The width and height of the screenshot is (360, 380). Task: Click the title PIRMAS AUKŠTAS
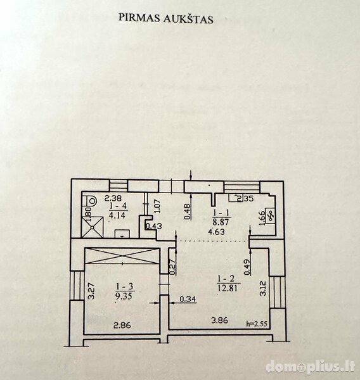click(x=166, y=18)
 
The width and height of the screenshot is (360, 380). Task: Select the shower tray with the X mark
click(x=93, y=227)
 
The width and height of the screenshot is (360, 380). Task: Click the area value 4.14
click(x=117, y=215)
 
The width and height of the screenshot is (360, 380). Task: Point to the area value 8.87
click(x=221, y=222)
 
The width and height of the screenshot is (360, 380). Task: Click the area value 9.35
click(x=125, y=296)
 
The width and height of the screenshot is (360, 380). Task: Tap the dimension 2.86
click(x=122, y=325)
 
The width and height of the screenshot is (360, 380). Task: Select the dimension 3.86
click(x=219, y=320)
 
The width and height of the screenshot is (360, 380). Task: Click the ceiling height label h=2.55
click(x=257, y=324)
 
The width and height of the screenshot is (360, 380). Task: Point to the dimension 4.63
click(x=216, y=232)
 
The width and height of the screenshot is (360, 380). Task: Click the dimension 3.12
click(x=263, y=288)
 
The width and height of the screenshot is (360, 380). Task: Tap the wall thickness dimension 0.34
click(x=188, y=300)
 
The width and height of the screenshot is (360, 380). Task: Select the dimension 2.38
click(x=113, y=198)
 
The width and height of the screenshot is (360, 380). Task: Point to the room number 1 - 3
click(x=125, y=287)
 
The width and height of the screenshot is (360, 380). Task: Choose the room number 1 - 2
click(x=226, y=279)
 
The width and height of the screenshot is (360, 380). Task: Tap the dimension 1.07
click(x=157, y=206)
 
